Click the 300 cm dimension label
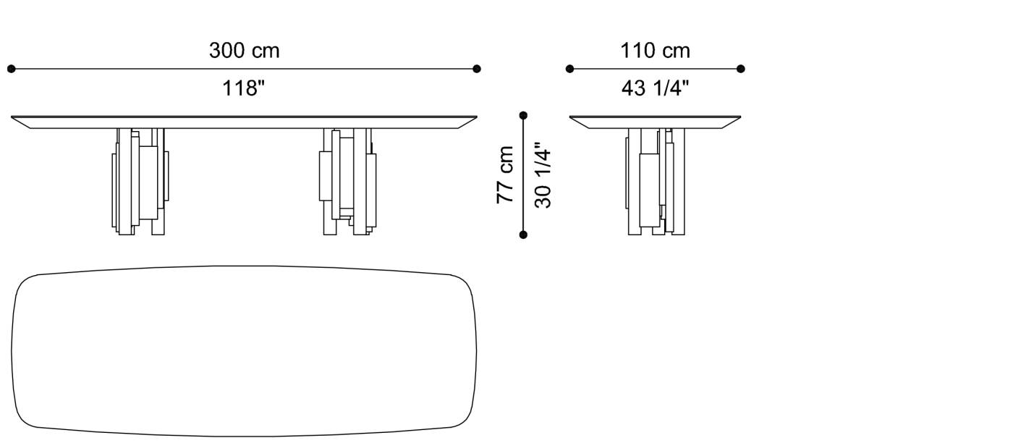pyautogui.click(x=244, y=51)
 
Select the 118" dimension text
pyautogui.click(x=244, y=89)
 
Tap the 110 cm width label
pyautogui.click(x=655, y=51)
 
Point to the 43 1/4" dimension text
pyautogui.click(x=655, y=88)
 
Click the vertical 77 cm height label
pyautogui.click(x=505, y=174)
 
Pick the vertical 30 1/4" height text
pyautogui.click(x=543, y=174)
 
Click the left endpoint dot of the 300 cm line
pyautogui.click(x=11, y=69)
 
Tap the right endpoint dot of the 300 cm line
pyautogui.click(x=476, y=69)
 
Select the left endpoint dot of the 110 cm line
pyautogui.click(x=569, y=69)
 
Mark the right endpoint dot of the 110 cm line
pyautogui.click(x=741, y=69)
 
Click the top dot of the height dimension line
pyautogui.click(x=523, y=115)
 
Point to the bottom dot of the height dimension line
pyautogui.click(x=523, y=234)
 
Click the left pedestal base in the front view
pyautogui.click(x=140, y=181)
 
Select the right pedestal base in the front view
pyautogui.click(x=347, y=181)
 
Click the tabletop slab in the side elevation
pyautogui.click(x=655, y=122)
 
